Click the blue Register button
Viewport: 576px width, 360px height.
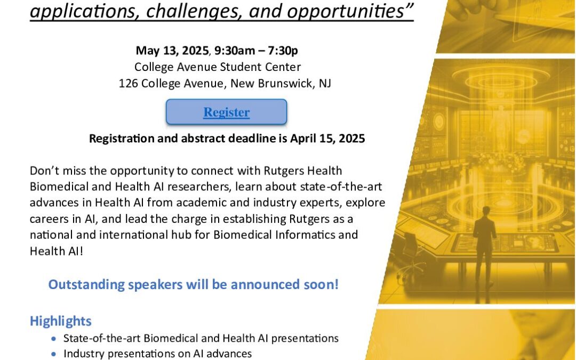[x=226, y=111]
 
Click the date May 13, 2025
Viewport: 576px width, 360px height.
[x=172, y=50]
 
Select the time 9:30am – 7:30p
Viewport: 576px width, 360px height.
[x=256, y=50]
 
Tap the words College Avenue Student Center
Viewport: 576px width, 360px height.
[x=218, y=67]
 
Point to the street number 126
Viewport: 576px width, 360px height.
[x=128, y=83]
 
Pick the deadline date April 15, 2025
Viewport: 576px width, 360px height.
[x=327, y=139]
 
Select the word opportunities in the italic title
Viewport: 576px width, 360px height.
[x=350, y=11]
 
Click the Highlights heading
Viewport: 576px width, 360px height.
[x=61, y=321]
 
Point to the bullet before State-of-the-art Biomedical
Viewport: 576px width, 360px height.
[x=54, y=339]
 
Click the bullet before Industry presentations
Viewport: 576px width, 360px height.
[x=54, y=354]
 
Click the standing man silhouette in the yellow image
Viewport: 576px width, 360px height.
[x=483, y=250]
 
